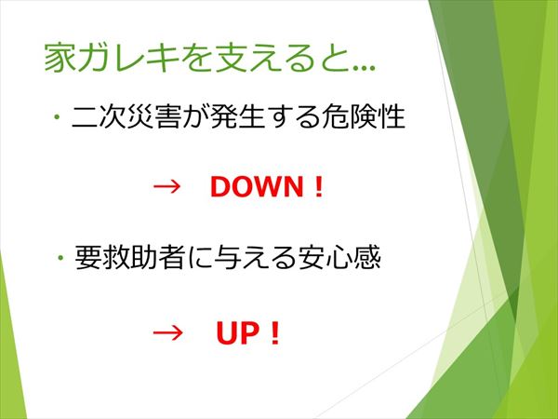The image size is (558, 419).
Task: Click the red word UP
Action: click(x=238, y=333)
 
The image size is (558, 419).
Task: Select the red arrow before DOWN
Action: click(x=166, y=187)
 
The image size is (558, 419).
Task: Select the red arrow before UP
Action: click(x=167, y=333)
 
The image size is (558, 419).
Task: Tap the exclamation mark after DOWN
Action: click(x=319, y=187)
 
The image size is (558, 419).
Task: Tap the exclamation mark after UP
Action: click(x=274, y=333)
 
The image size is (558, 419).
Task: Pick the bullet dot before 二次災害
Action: click(x=56, y=117)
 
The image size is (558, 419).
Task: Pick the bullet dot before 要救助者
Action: click(x=60, y=257)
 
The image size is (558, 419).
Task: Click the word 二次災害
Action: click(x=126, y=116)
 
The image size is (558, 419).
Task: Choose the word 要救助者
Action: click(x=130, y=257)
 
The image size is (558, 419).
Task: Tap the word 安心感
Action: click(x=339, y=257)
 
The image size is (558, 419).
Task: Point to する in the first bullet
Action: click(x=293, y=117)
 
